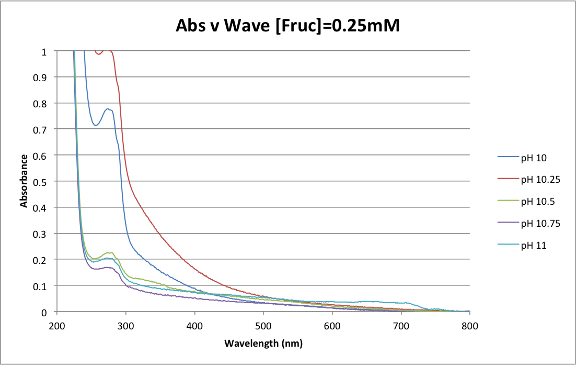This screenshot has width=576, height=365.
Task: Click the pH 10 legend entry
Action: [x=534, y=157]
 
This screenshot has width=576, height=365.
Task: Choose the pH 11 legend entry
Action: [x=534, y=245]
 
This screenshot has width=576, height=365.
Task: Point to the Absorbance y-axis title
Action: [x=24, y=181]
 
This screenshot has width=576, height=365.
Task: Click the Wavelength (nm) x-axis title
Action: [x=263, y=344]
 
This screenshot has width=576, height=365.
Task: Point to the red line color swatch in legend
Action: [x=509, y=179]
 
